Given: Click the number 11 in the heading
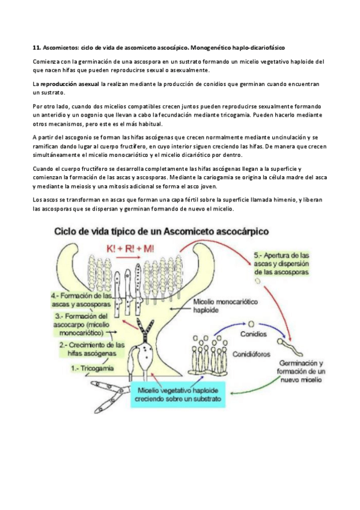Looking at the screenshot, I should pos(34,47).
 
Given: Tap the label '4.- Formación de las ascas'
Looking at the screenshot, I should pos(82,300).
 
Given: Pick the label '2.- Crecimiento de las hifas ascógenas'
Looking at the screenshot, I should pos(92,349).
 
